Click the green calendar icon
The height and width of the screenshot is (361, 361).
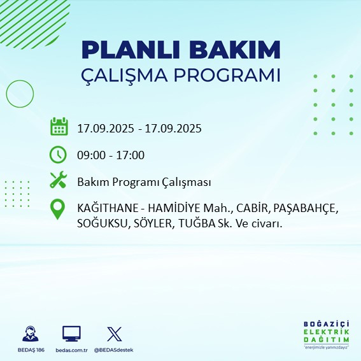pos(59,127)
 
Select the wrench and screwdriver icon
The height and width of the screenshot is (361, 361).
pos(59,181)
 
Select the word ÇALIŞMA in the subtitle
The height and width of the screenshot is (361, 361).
pos(124,75)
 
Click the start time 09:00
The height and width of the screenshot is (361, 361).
pos(90,155)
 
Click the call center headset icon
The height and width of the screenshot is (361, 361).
pos(29,334)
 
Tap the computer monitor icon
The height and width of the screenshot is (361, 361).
pos(71,333)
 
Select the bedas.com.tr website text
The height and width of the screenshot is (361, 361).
pos(71,350)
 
